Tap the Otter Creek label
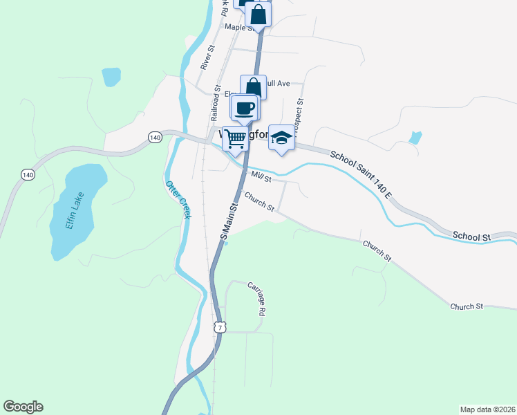tap(177, 200)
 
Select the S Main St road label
tap(229, 221)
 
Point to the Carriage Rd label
tap(256, 299)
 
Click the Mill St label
tap(259, 177)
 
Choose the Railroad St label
tap(217, 102)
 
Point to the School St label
tap(471, 237)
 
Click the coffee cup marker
tap(245, 108)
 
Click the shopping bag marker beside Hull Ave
tap(253, 87)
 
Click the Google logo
tap(23, 407)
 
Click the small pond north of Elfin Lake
tap(111, 76)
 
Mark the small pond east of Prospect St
tap(415, 137)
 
